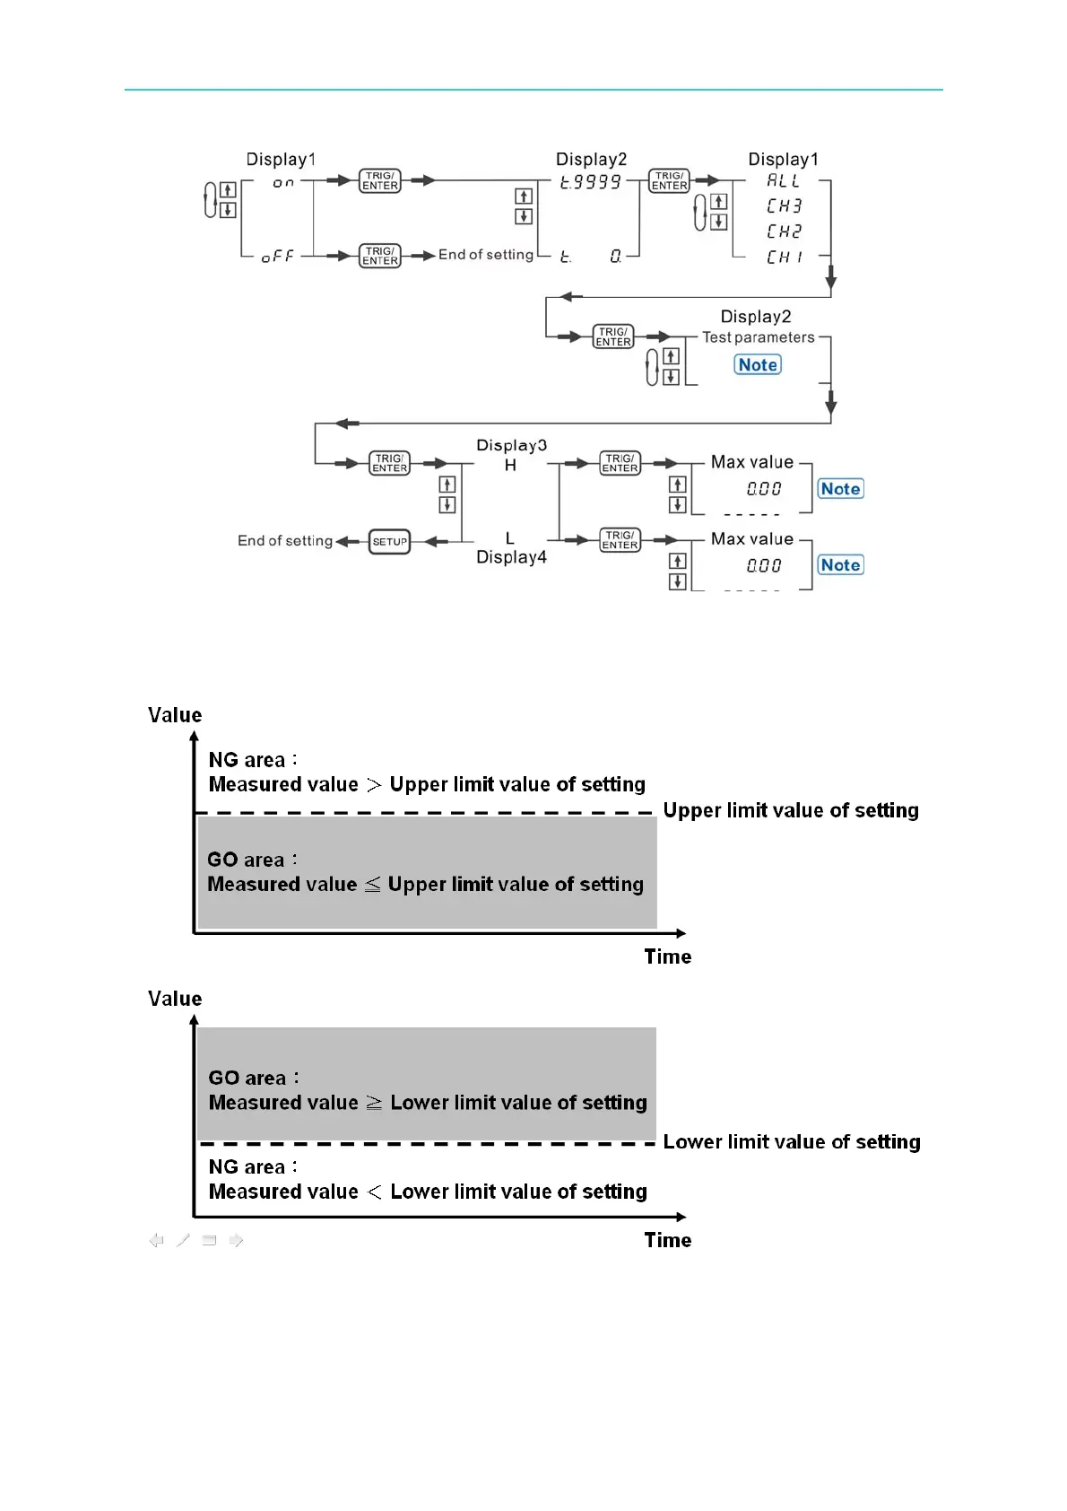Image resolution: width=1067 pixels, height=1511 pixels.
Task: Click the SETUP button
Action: point(389,542)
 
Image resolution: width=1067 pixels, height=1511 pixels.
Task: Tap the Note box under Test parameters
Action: point(758,365)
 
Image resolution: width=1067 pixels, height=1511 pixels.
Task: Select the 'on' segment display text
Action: point(283,183)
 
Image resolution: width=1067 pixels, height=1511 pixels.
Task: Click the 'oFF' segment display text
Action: point(277,257)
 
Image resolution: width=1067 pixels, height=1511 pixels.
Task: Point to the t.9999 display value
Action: point(590,183)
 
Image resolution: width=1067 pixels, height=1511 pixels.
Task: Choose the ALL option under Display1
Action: point(783,181)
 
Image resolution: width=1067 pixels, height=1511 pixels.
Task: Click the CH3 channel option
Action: point(784,206)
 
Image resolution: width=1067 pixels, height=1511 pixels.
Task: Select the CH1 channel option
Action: point(784,258)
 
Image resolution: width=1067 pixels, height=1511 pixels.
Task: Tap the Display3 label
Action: point(511,445)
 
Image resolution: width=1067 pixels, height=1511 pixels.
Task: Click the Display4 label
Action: point(511,557)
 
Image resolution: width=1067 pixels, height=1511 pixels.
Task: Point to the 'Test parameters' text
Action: point(758,337)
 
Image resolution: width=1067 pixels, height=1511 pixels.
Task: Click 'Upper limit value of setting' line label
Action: point(791,810)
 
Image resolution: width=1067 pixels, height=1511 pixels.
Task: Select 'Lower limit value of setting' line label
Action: point(792,1141)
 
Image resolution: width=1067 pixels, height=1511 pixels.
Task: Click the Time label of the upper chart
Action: point(667,956)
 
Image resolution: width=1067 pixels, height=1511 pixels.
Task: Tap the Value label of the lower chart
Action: point(175,999)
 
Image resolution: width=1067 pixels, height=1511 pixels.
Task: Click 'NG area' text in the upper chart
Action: point(247,760)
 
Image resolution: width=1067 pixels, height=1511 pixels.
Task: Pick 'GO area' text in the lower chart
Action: point(247,1078)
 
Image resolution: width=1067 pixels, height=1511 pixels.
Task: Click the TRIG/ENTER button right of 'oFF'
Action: point(380,257)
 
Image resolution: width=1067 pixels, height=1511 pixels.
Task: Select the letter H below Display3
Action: point(510,466)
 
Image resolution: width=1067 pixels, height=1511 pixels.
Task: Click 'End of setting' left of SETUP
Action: point(285,541)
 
